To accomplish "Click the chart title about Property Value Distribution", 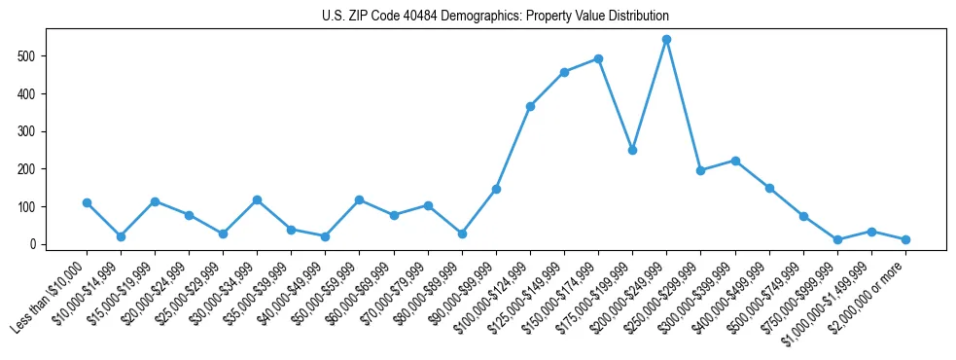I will [x=495, y=17].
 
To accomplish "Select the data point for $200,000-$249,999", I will [x=666, y=40].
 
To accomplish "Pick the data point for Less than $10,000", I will [x=87, y=202].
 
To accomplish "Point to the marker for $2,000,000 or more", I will [x=905, y=239].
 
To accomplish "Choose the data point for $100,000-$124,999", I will [x=530, y=106].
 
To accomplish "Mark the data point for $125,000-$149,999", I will [x=564, y=72].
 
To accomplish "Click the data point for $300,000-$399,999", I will [x=735, y=161].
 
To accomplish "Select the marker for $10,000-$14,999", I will [x=121, y=236].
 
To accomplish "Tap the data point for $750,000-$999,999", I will [x=837, y=239].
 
